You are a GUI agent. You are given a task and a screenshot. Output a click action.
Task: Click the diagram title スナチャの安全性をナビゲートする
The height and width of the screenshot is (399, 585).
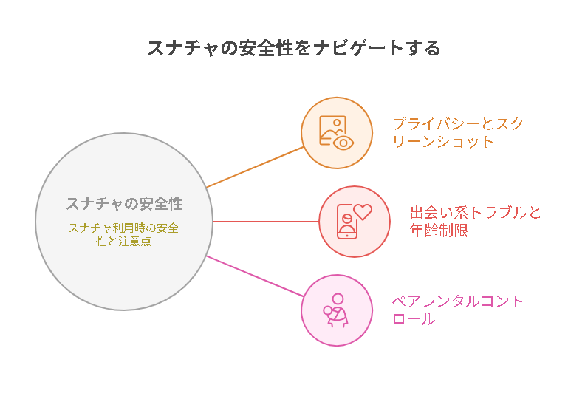coord(294,48)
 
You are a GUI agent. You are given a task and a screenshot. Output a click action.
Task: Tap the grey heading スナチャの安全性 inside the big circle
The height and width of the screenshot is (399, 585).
coord(125,204)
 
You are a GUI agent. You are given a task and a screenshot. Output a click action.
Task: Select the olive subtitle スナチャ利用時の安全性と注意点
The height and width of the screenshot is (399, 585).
coord(124,234)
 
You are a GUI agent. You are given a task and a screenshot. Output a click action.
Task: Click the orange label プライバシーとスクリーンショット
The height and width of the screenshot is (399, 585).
coord(458,132)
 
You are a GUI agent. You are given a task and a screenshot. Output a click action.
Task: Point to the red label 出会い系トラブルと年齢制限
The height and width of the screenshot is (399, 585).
coord(475,222)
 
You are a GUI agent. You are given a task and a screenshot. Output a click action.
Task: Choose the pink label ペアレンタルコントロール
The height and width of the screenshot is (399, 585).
coord(457,310)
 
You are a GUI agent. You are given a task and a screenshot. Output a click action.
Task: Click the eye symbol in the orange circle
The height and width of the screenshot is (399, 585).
coord(343,143)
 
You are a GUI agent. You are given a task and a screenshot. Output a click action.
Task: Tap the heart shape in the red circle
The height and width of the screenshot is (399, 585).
coord(363,211)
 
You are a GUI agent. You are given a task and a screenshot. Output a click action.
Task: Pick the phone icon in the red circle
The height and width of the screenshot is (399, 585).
coord(347,222)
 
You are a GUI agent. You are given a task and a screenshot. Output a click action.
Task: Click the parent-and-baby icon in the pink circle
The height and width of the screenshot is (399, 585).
coord(336,310)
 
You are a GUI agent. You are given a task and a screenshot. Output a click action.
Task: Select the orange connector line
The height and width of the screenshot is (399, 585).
coord(255,167)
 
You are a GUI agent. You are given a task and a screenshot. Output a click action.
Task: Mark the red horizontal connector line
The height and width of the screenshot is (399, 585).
coord(266,222)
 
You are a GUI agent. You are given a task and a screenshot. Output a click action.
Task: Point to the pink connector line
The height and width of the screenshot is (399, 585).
coord(255,276)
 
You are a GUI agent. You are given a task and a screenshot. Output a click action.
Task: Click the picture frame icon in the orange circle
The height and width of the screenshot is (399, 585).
coord(332,130)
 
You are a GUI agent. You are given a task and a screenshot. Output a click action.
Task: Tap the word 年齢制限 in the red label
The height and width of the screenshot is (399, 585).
coord(439,230)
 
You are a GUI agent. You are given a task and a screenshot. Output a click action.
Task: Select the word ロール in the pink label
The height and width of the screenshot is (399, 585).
coord(414,319)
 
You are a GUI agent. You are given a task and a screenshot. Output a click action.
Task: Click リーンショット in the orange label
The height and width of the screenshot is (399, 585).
coord(443,141)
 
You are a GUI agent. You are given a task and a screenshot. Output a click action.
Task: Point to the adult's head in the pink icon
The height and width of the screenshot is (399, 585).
coord(338,299)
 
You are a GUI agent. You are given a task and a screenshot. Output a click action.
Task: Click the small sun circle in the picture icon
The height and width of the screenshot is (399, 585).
coord(337,123)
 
